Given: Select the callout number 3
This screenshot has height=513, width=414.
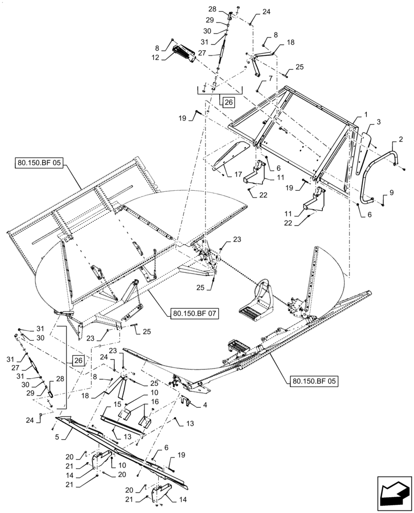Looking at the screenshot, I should (x=379, y=122).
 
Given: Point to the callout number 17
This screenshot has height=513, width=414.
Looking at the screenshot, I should (x=238, y=174).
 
